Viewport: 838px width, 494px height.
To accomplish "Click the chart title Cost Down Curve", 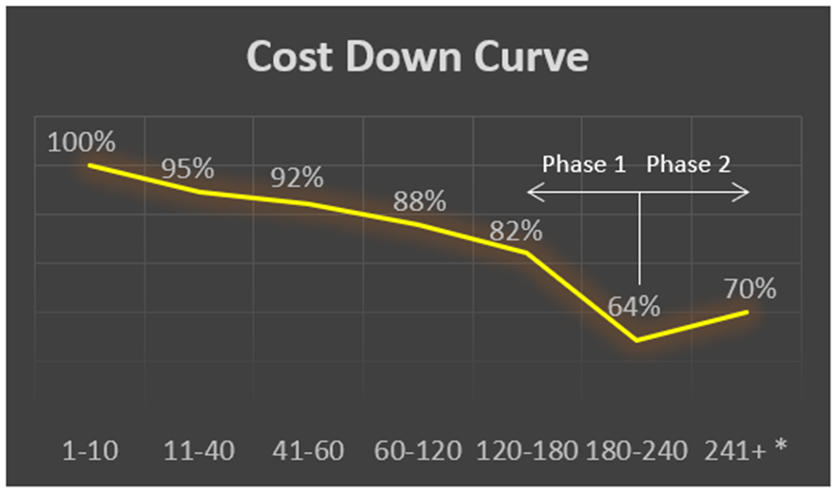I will tap(418, 58).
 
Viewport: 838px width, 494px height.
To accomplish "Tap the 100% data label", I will tap(82, 142).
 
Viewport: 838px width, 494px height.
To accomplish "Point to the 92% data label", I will tap(296, 178).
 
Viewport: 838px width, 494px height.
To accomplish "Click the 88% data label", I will tap(419, 201).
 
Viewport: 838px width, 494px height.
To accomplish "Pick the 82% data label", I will tap(516, 231).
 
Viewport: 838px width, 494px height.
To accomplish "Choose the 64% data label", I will tap(634, 307).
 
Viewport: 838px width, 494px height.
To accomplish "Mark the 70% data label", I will tap(750, 289).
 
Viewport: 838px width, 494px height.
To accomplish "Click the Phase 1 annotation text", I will tap(584, 164).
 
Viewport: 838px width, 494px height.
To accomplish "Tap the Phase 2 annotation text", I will tap(689, 164).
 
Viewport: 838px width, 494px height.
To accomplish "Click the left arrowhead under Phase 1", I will tap(533, 193).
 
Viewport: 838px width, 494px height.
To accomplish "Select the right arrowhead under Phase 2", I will tap(744, 193).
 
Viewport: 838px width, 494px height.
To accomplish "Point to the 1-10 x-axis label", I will tap(89, 449).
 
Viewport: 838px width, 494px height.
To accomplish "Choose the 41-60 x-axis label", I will tap(309, 449).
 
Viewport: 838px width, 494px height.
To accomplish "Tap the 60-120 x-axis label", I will tap(419, 449).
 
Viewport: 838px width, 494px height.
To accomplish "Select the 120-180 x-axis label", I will tap(527, 449).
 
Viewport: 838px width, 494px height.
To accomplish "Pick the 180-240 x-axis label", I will tap(636, 449).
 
